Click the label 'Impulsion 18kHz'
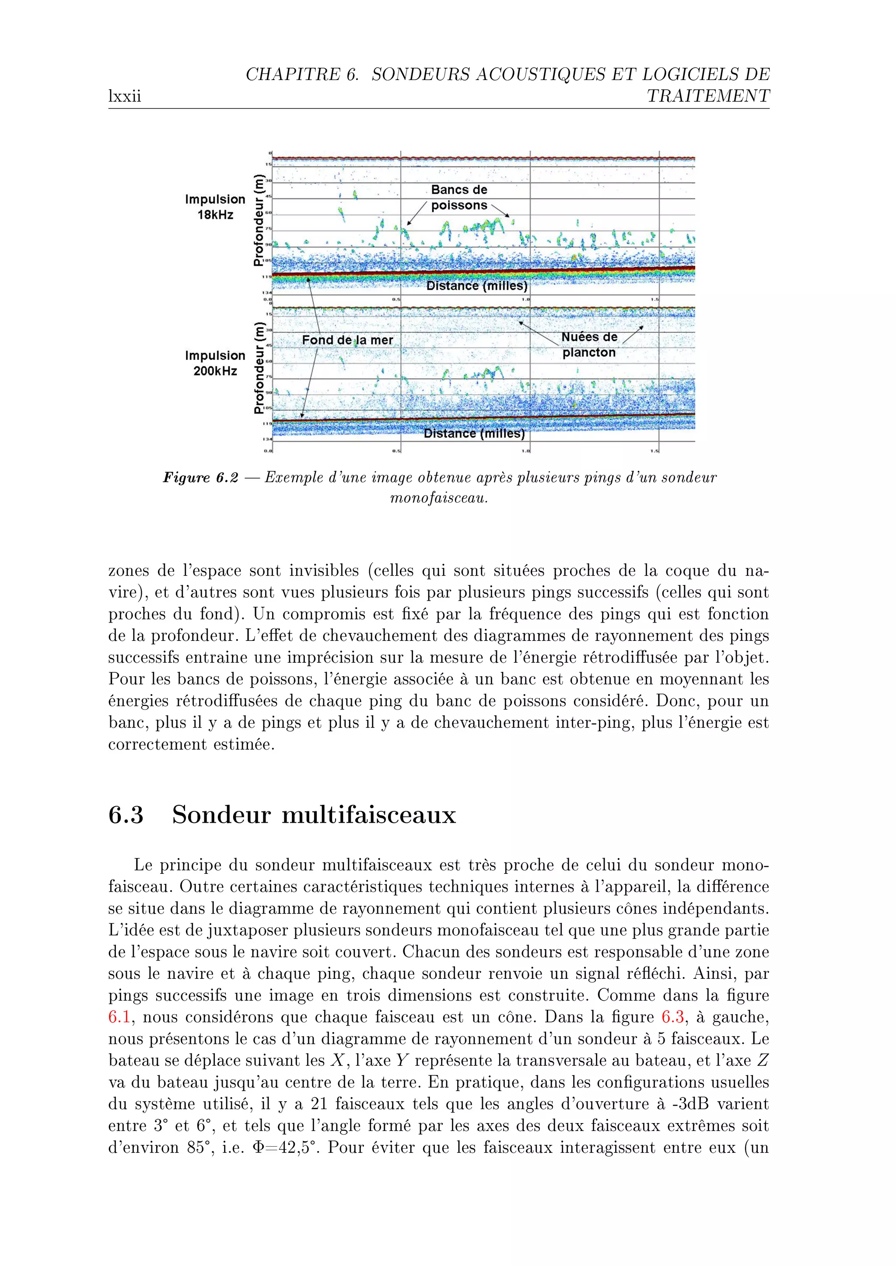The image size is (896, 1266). (215, 207)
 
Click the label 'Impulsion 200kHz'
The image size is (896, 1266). (215, 363)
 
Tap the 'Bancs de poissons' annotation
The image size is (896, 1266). (459, 198)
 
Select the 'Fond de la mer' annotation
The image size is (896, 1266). (347, 340)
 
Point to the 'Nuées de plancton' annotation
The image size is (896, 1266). (589, 344)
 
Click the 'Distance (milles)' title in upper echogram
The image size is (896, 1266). (477, 285)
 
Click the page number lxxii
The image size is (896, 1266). (125, 97)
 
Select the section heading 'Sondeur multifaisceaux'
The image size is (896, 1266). (314, 814)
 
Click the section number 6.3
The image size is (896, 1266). (126, 814)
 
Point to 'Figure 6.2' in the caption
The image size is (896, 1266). (200, 477)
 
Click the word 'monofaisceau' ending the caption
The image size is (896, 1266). (439, 498)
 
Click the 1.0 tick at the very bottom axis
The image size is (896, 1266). (526, 451)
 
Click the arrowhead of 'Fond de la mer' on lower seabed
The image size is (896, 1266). (301, 416)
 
